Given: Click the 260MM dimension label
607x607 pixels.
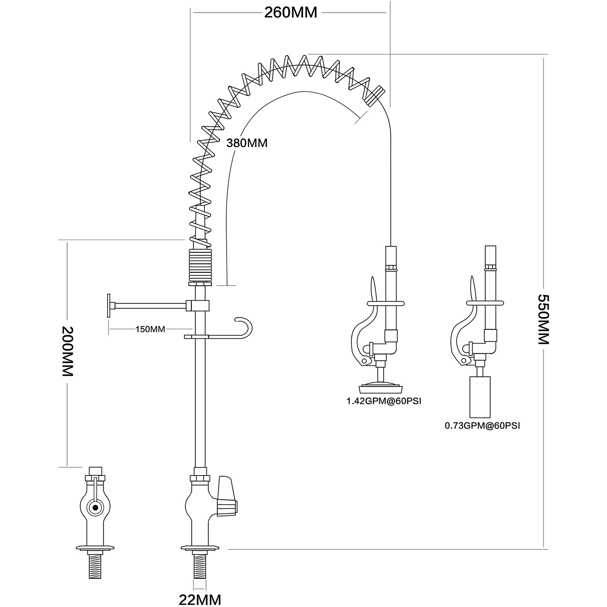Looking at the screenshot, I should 291,13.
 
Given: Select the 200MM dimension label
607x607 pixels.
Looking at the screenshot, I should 67,351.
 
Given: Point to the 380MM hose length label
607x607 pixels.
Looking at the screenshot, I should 247,143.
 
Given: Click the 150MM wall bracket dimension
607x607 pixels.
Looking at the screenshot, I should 150,329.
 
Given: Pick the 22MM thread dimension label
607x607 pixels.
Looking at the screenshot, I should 200,599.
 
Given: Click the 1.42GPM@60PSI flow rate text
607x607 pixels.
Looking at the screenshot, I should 383,402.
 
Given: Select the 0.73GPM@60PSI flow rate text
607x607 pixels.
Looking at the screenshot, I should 482,426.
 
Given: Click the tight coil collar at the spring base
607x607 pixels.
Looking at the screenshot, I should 200,265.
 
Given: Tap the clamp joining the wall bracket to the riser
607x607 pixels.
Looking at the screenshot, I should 198,306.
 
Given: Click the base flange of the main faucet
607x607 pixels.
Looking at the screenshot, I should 200,548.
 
